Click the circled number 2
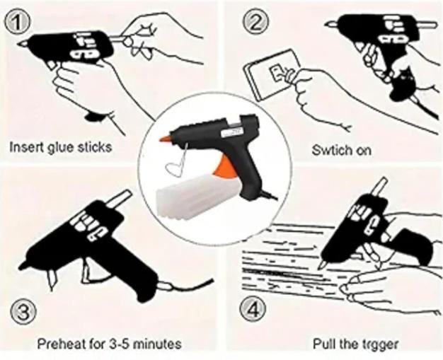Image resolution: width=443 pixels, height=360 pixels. click(255, 22)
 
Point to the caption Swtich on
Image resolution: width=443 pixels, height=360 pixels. click(342, 150)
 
